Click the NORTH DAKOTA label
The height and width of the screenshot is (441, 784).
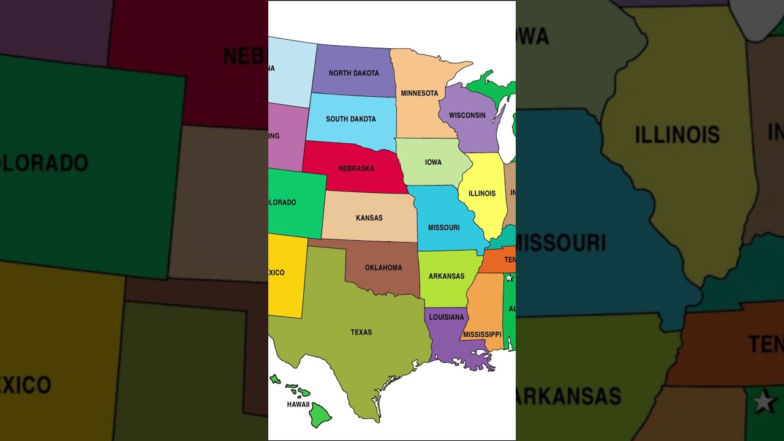click(x=353, y=73)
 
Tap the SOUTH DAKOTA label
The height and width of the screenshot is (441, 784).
click(x=350, y=119)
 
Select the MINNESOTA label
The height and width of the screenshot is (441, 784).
click(x=419, y=93)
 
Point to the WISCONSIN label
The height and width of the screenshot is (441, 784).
click(x=467, y=115)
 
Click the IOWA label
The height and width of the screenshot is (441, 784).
click(x=433, y=162)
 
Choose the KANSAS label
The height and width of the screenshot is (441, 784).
click(x=369, y=217)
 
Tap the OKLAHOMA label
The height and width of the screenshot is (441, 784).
click(x=383, y=268)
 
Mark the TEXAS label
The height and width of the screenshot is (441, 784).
click(x=361, y=332)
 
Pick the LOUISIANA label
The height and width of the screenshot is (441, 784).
click(x=446, y=317)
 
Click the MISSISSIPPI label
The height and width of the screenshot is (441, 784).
click(x=482, y=334)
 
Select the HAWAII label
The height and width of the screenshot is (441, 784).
click(x=298, y=404)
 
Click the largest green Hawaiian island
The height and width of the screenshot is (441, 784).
click(x=319, y=415)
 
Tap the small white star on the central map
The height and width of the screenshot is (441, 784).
click(x=509, y=277)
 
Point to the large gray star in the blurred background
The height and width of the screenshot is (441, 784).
click(x=763, y=402)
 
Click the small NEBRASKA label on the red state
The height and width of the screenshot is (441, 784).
click(x=356, y=168)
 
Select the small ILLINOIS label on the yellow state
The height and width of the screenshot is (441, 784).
click(x=481, y=193)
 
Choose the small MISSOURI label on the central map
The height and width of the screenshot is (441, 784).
click(x=443, y=227)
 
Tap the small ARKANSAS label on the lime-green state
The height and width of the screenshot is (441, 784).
click(x=446, y=276)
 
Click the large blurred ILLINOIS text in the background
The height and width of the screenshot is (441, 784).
click(x=677, y=134)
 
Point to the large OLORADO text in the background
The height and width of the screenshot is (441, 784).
click(x=44, y=163)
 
